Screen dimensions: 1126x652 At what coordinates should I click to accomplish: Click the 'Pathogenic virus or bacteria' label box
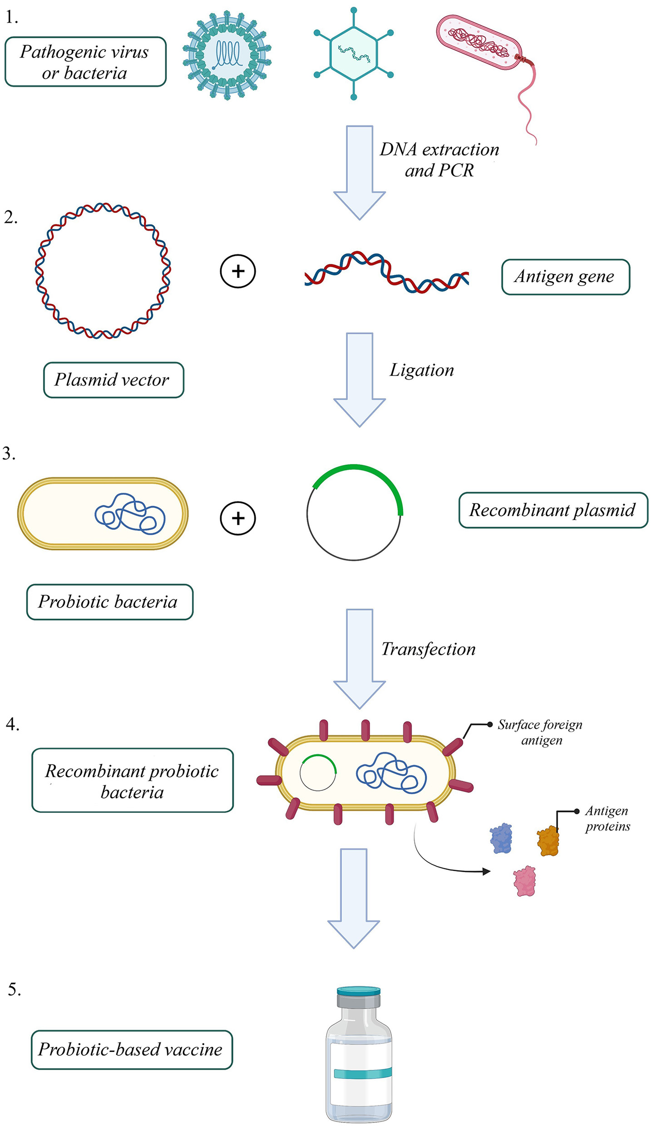point(85,62)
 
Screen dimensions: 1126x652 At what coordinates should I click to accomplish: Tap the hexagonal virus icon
point(354,53)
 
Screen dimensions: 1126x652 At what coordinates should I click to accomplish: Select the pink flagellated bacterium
point(479,43)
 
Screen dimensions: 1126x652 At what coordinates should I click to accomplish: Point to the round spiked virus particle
point(227,55)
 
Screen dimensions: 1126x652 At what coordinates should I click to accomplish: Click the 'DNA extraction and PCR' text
point(439,159)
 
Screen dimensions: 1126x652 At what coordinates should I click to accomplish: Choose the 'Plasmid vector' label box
point(114,380)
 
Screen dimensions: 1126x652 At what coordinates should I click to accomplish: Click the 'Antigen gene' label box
point(565,277)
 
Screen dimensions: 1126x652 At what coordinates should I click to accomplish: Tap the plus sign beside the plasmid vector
point(238,271)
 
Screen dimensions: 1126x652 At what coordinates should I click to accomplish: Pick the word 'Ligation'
point(422,370)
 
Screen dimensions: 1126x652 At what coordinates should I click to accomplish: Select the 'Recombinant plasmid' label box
point(553,510)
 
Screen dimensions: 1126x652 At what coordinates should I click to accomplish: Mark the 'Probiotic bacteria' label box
point(109,602)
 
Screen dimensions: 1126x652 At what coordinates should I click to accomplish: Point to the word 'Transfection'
point(428,649)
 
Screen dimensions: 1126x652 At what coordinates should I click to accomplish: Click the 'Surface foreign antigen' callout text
point(540,732)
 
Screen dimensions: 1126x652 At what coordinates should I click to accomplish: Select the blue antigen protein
point(501,839)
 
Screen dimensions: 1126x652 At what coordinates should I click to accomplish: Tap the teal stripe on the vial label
point(362,1073)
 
